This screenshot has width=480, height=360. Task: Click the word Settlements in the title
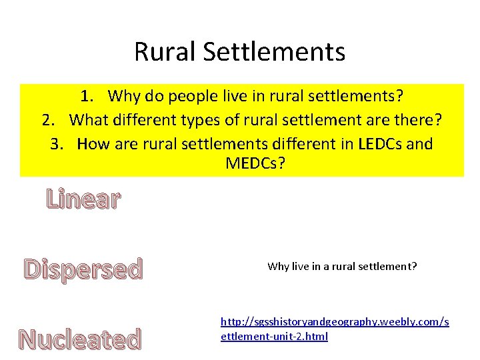pyautogui.click(x=270, y=52)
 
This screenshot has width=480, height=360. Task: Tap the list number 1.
pyautogui.click(x=86, y=97)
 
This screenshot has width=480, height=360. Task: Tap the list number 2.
pyautogui.click(x=47, y=120)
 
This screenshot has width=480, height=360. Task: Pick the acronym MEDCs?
pyautogui.click(x=255, y=163)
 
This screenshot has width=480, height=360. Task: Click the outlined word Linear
pyautogui.click(x=83, y=199)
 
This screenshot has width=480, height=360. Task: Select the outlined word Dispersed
pyautogui.click(x=83, y=269)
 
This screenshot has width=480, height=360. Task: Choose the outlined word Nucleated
pyautogui.click(x=80, y=339)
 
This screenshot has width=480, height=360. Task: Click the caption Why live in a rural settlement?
pyautogui.click(x=342, y=266)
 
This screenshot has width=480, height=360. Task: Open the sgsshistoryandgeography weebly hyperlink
pyautogui.click(x=334, y=329)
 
